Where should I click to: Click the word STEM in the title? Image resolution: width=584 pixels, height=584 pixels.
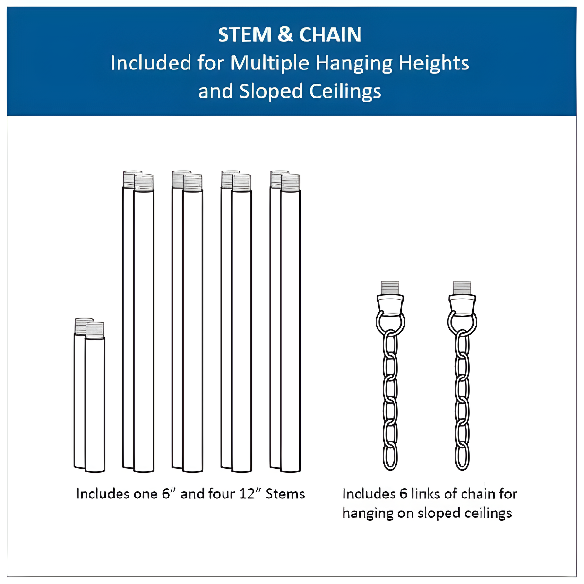tap(244, 34)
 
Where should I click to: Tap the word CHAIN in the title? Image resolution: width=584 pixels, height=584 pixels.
tap(330, 34)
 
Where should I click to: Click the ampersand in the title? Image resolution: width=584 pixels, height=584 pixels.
tap(285, 34)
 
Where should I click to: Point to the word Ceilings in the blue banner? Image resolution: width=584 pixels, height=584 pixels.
tap(345, 91)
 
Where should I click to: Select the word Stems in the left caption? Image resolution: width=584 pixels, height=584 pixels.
tap(285, 494)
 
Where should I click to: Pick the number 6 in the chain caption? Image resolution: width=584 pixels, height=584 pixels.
tap(403, 494)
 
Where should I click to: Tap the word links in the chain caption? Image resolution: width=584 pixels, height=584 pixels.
tap(426, 494)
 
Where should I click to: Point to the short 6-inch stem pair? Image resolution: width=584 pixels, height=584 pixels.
tap(89, 395)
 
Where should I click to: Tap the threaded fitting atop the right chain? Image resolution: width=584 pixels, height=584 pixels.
tap(462, 288)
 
